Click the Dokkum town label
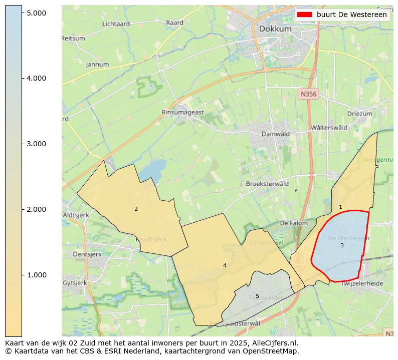point(275,29)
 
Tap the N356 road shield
point(309,94)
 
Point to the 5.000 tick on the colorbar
point(36,13)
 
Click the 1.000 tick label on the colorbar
point(36,275)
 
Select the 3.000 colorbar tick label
point(36,144)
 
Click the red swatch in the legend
point(305,15)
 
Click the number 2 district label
point(136,209)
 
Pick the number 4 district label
point(225,265)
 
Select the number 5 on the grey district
point(257,296)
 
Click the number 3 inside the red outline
point(342,245)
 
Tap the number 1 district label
point(340,207)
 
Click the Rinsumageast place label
point(182,113)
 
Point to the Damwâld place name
point(276,134)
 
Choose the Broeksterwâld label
point(267,184)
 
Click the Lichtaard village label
point(116,24)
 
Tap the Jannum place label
point(97,65)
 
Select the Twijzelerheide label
point(361,283)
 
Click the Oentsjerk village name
point(80,254)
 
